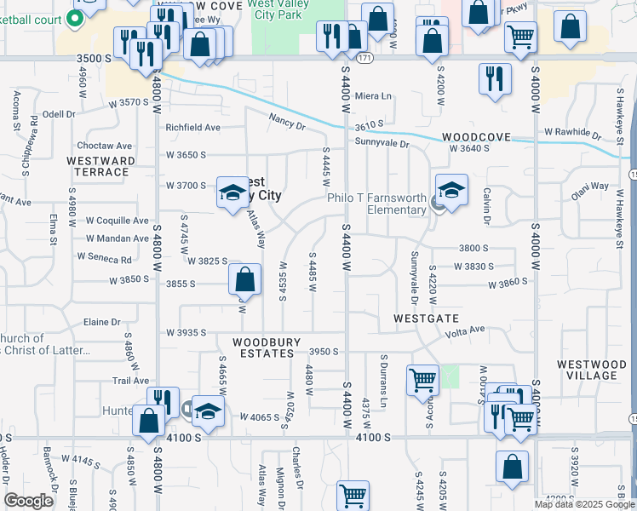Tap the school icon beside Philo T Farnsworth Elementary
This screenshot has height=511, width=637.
tap(451, 190)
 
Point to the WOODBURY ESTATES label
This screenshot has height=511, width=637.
tap(267, 347)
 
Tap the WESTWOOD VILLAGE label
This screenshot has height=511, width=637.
tap(586, 370)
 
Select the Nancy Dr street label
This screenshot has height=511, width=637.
tap(286, 123)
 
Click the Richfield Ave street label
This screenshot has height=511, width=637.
tap(192, 128)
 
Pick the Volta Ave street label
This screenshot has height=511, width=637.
tap(465, 330)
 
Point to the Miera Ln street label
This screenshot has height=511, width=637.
tap(373, 96)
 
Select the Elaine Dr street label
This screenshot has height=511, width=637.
tap(101, 322)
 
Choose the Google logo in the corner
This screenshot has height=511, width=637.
tap(28, 501)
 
